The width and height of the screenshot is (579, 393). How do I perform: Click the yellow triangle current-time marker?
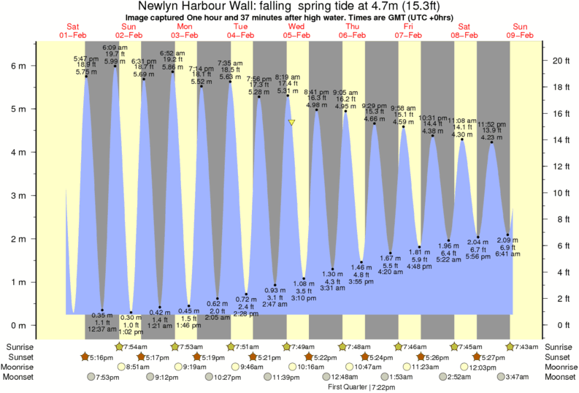[x=291, y=123]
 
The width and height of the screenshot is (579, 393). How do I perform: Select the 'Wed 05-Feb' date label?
[x=297, y=30]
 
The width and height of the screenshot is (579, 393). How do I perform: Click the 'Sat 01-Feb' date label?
[x=74, y=30]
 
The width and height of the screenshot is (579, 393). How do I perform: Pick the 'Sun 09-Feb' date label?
[x=522, y=30]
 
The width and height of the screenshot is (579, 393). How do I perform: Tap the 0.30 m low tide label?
[x=131, y=318]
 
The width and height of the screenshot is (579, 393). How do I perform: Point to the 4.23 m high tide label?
[x=491, y=136]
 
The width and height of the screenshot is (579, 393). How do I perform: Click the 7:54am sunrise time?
[x=131, y=346]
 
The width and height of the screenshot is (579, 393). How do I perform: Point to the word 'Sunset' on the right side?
[x=560, y=356]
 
